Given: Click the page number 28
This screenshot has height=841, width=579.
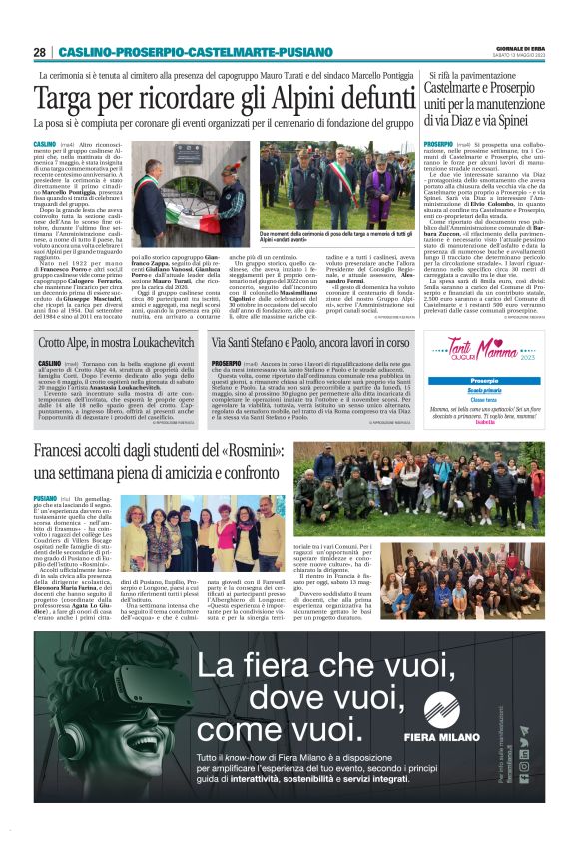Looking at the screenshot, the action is pyautogui.click(x=39, y=52).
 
